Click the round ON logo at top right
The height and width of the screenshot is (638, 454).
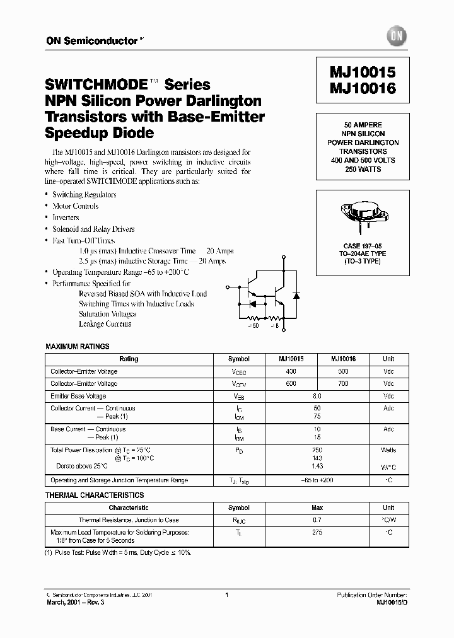coord(397,37)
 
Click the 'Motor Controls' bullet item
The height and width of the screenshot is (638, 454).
coord(75,206)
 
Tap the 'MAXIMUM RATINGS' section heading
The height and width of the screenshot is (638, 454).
coord(78,347)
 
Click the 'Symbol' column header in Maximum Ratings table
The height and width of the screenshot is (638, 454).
coord(239,359)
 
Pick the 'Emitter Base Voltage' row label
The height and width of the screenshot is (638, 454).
coord(78,397)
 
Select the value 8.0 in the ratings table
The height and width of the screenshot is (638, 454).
coord(317,397)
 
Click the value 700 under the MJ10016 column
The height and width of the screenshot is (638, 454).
coord(343,383)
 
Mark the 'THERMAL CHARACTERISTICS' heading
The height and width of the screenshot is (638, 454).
coord(95,496)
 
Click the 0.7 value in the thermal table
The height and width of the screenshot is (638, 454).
coord(317,520)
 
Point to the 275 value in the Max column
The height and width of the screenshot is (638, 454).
coord(317,533)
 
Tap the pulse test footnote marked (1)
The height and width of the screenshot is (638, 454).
coord(119,552)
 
